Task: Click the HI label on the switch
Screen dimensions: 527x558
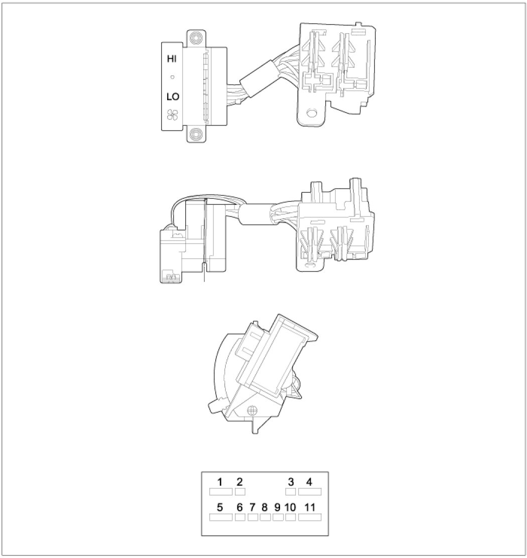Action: pos(172,59)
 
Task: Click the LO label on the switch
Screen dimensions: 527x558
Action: pos(173,96)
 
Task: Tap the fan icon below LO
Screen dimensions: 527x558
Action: pos(173,114)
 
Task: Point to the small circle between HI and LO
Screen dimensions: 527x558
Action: pos(173,77)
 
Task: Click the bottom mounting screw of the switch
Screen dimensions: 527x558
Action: pos(195,134)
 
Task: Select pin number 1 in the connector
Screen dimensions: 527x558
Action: pos(220,482)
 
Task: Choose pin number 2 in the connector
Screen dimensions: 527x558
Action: pos(240,482)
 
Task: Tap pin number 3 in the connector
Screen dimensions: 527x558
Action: pos(291,482)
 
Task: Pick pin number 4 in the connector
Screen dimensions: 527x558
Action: pos(309,482)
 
